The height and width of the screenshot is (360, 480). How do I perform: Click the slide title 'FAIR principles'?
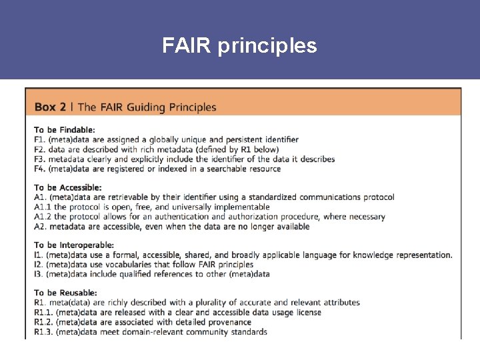[240, 46]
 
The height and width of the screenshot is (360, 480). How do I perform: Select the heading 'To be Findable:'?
[65, 129]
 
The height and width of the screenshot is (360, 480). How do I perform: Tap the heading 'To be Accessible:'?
[68, 187]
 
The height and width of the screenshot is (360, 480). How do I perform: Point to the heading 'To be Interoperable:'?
[74, 245]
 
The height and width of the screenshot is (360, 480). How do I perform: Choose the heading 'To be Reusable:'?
[65, 293]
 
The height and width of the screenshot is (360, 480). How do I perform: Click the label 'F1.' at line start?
[39, 139]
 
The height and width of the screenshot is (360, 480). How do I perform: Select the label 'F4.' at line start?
[40, 169]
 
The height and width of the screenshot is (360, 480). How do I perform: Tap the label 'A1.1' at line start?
[42, 207]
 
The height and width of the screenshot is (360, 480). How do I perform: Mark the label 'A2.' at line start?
[40, 227]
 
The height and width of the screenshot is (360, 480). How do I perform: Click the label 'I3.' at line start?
[39, 274]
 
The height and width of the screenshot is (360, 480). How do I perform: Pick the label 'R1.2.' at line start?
[45, 322]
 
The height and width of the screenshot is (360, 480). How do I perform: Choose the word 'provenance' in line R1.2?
[243, 322]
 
